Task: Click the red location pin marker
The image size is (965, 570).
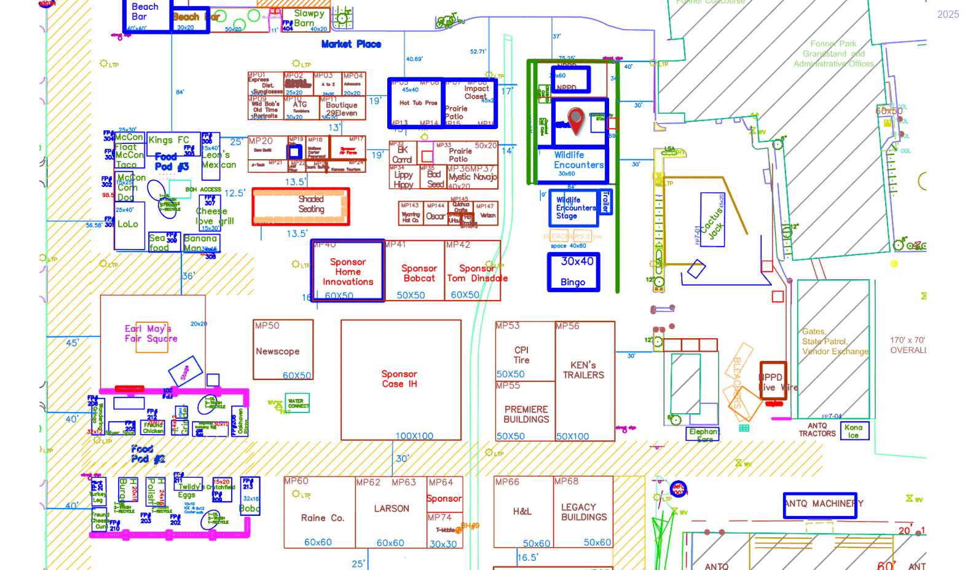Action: (x=575, y=119)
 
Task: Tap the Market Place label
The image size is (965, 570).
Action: (x=351, y=44)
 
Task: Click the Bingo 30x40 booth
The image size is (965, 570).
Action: (x=573, y=272)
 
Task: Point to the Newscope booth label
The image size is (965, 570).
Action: (x=278, y=352)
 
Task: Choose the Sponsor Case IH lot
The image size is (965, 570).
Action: (x=400, y=379)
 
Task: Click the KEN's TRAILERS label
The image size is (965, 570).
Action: (x=583, y=370)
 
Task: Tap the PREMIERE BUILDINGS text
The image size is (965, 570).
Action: (x=526, y=414)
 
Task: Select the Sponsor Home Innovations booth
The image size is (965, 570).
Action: (x=348, y=272)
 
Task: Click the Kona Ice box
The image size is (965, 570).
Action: (x=854, y=431)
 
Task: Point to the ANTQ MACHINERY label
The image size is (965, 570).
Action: (x=821, y=504)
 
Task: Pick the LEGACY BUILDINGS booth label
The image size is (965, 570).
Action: (x=584, y=512)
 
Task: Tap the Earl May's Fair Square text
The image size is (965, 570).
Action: (x=151, y=333)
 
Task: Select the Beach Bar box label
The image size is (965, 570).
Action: (x=145, y=12)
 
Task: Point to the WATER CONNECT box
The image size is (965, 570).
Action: (x=298, y=403)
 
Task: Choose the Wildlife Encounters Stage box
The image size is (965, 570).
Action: (x=573, y=208)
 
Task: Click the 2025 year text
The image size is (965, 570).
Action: (x=948, y=14)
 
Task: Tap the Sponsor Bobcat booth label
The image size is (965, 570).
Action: (x=419, y=274)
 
